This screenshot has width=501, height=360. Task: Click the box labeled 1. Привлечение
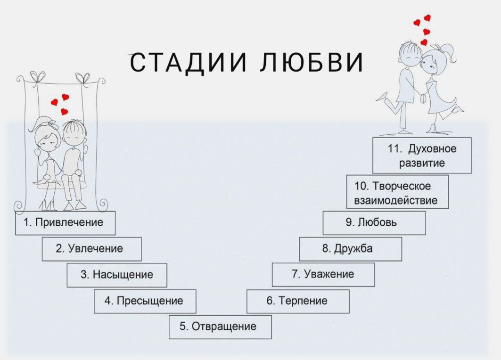click(x=65, y=223)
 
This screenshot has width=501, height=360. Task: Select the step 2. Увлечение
click(x=91, y=249)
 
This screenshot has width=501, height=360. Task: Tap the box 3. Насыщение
click(x=117, y=275)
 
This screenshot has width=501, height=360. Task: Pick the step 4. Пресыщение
click(x=145, y=301)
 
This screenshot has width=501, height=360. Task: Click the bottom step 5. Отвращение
click(x=220, y=327)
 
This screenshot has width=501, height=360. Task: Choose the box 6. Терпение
click(x=298, y=301)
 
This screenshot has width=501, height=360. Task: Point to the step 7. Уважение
click(x=323, y=275)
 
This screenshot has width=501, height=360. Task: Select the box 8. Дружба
click(x=350, y=249)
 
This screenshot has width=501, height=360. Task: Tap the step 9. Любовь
click(x=374, y=223)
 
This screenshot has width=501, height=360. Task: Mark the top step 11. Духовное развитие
click(x=422, y=156)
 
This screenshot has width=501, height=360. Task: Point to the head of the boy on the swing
click(x=73, y=133)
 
